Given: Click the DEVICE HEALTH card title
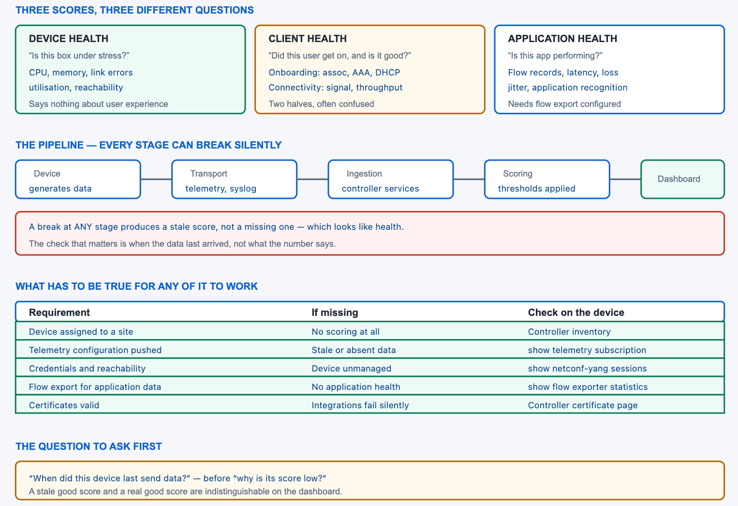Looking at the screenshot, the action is [69, 39].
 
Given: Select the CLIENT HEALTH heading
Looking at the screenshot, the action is [308, 39].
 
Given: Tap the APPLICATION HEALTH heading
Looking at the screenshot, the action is [562, 39].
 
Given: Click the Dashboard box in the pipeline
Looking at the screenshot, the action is [682, 179].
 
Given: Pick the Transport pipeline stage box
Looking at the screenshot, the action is [234, 179].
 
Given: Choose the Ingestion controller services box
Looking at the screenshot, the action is [391, 179].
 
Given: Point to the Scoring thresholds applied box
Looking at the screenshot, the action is [547, 179].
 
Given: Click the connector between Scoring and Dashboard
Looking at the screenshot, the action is [625, 179].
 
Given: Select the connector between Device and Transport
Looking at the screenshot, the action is [156, 179].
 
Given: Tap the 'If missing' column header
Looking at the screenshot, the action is [335, 313].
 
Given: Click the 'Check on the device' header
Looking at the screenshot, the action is [576, 313].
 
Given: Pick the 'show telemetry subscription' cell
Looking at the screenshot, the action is [587, 350].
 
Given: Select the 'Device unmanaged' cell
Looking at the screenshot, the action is [351, 369].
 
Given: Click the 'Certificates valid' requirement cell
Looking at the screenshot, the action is [64, 405].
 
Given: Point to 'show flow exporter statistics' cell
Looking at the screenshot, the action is [588, 387].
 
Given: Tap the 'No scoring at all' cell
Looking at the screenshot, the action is [346, 332].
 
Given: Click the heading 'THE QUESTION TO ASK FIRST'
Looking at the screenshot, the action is [89, 446].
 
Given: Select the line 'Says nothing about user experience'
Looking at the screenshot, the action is [99, 104].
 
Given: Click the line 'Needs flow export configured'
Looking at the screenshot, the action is [564, 104].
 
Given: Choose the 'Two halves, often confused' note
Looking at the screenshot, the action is [321, 104].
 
